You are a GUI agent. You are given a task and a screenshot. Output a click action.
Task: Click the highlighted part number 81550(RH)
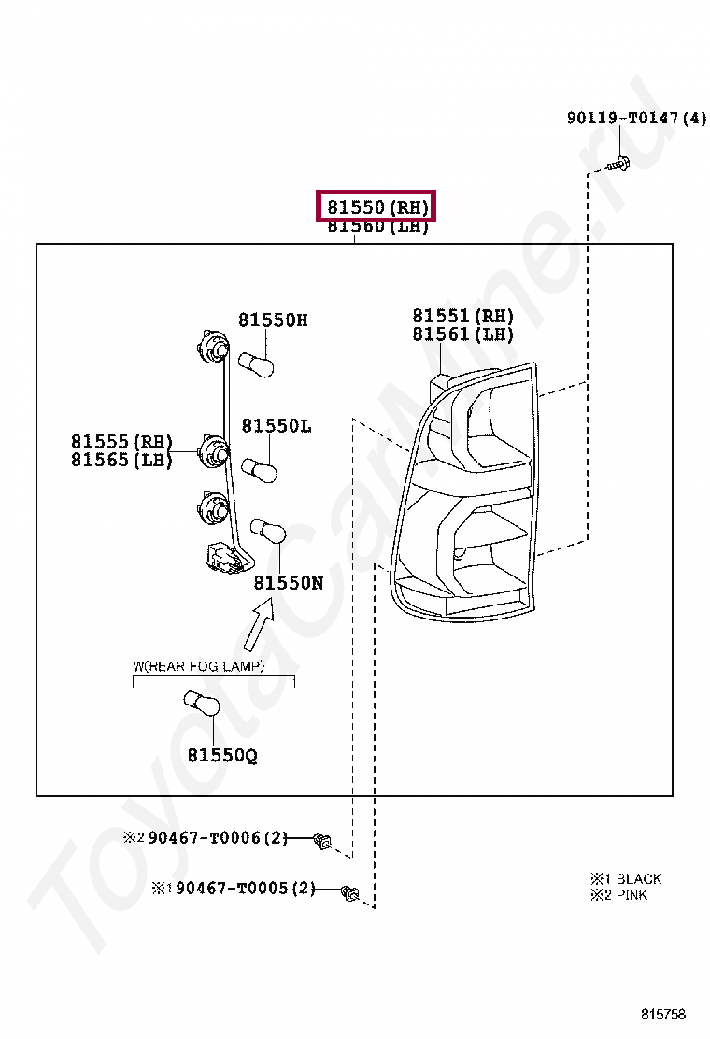tap(377, 206)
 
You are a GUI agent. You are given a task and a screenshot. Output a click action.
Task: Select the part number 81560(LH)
tap(377, 227)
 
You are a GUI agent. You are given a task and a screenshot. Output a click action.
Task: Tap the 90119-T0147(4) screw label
tap(636, 119)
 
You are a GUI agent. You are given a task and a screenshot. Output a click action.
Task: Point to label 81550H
tap(273, 320)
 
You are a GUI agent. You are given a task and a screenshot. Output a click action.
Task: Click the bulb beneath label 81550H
tap(256, 363)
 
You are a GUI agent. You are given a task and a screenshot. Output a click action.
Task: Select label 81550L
tap(277, 426)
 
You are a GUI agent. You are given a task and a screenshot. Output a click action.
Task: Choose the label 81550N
tap(288, 582)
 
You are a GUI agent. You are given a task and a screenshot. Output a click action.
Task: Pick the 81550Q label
tap(221, 755)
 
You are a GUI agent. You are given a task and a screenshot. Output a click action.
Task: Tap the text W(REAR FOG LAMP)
tap(198, 666)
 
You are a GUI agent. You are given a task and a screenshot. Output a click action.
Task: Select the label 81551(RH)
tap(463, 317)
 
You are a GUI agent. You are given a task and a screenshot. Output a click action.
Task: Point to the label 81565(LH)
tap(121, 460)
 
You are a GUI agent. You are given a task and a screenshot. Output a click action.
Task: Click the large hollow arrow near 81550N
tap(258, 625)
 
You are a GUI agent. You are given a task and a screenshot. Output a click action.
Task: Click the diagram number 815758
tap(662, 1014)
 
